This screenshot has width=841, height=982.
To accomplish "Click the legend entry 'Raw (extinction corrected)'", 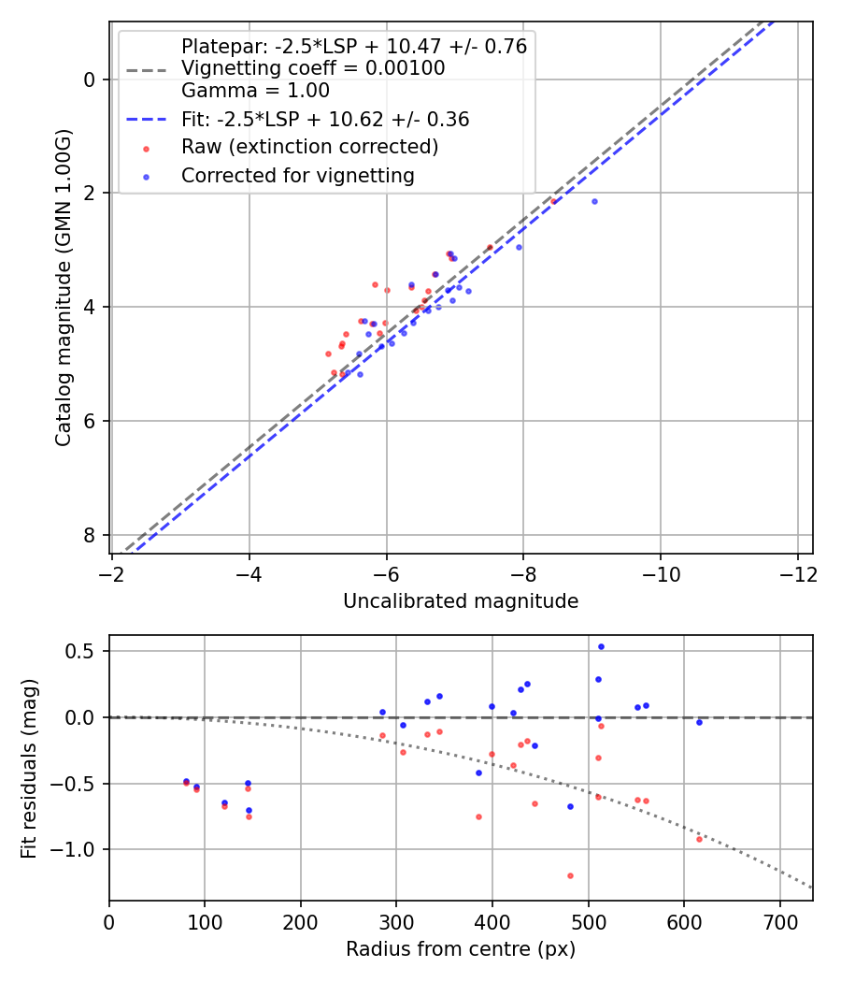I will click(x=309, y=147).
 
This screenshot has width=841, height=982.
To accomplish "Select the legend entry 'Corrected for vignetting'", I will click(x=297, y=175).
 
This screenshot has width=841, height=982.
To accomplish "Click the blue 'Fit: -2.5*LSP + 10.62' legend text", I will click(x=324, y=120).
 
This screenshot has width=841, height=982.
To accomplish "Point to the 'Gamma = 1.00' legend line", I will click(x=255, y=92).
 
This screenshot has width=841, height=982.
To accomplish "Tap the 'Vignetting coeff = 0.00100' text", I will click(x=312, y=68).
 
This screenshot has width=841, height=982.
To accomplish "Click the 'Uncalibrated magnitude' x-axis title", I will click(x=461, y=601).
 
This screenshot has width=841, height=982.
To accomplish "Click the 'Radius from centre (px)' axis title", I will click(x=461, y=949).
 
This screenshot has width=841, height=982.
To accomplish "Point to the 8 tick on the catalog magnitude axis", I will click(x=90, y=535).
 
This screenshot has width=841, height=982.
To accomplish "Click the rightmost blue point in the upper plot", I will click(x=594, y=201).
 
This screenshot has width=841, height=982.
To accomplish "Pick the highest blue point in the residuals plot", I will click(x=601, y=646).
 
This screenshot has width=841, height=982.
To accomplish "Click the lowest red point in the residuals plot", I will click(x=570, y=875).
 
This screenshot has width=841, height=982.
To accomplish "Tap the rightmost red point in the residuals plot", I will click(x=699, y=839).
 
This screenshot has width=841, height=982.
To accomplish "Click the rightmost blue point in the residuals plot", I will click(x=699, y=722).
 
